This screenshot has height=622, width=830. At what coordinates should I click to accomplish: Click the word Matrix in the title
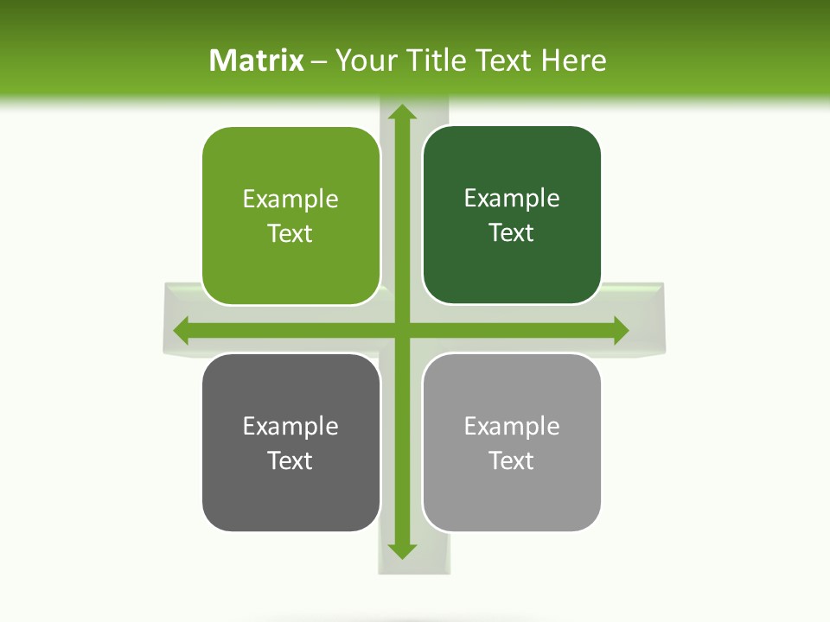[x=257, y=60]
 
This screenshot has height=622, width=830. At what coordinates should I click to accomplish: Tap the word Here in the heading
[x=573, y=60]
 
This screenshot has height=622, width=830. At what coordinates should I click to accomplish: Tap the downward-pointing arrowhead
[x=401, y=550]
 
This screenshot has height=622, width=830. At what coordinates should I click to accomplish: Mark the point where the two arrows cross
[x=401, y=330]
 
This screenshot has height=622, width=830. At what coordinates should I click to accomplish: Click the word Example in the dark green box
[x=512, y=198]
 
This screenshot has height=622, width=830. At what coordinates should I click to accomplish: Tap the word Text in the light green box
[x=290, y=233]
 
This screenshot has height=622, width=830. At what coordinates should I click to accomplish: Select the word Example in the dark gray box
[x=290, y=426]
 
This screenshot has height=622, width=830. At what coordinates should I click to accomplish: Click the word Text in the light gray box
[x=512, y=460]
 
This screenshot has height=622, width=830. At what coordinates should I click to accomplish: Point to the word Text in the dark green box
[x=512, y=232]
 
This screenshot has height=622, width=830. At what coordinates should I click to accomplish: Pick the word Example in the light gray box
[x=512, y=426]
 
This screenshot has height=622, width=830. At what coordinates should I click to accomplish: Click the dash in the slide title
[x=320, y=61]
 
